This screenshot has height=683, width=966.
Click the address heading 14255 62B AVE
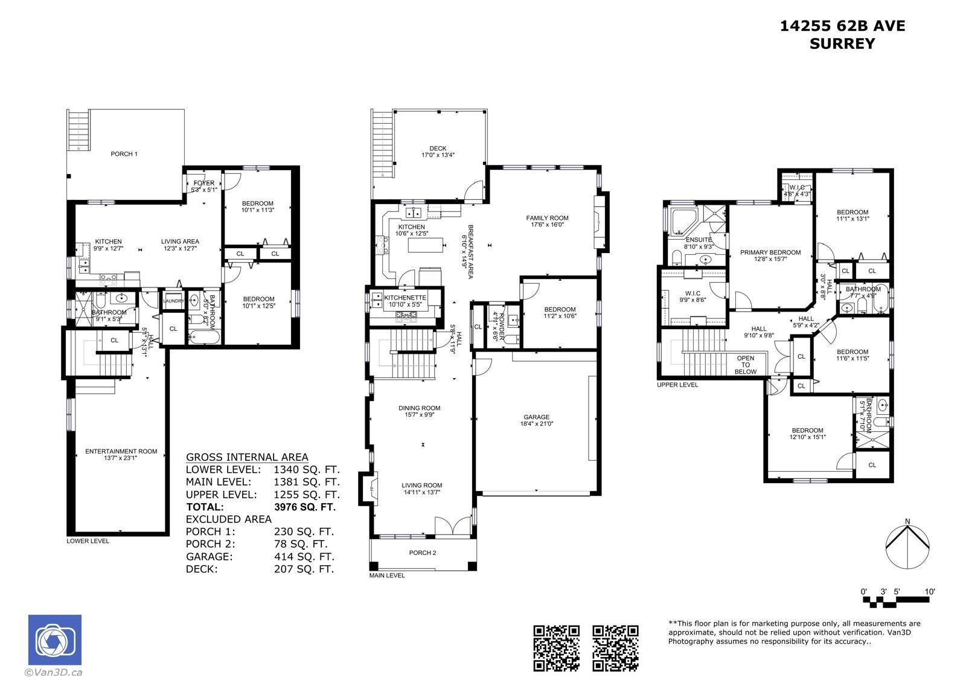[x=842, y=26]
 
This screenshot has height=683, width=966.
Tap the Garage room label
[x=536, y=417]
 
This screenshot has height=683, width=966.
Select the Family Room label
[x=547, y=218]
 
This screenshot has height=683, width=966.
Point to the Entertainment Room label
[x=121, y=451]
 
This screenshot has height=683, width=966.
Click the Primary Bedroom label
[x=770, y=252]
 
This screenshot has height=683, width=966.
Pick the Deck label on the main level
[x=438, y=149]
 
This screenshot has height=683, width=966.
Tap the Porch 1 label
[x=124, y=154]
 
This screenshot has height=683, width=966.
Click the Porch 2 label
[x=422, y=553]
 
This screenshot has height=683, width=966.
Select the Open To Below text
[x=746, y=365]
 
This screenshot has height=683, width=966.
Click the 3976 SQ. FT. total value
[x=304, y=507]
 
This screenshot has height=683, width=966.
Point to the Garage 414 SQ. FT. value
[x=304, y=557]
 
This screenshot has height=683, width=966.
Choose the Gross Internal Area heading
[x=247, y=457]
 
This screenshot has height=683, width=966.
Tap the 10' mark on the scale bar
[x=929, y=592]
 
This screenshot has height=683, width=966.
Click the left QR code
[x=556, y=648]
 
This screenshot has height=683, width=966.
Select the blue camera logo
[x=55, y=640]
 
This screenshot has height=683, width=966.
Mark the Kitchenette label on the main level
[x=405, y=298]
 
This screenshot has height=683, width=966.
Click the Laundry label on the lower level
[x=173, y=301]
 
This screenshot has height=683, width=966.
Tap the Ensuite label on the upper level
[x=698, y=240]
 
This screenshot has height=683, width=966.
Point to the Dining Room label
[x=419, y=408]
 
